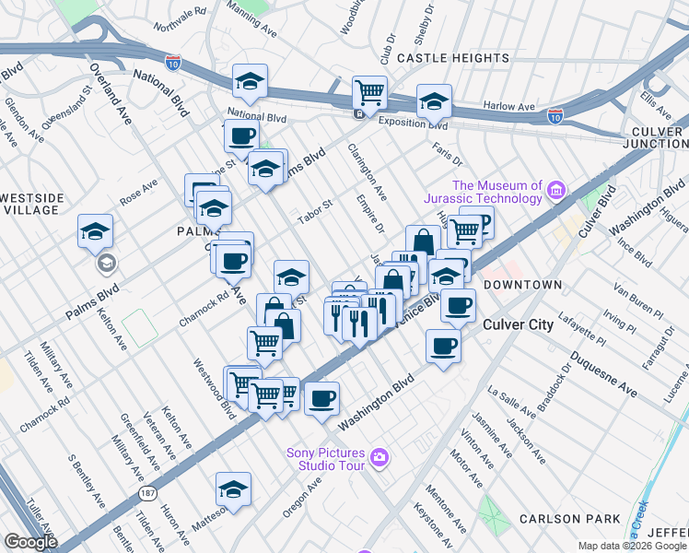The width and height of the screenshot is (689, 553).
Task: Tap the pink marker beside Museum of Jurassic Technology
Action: pyautogui.click(x=555, y=191)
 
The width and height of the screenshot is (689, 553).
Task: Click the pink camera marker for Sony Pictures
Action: pyautogui.click(x=379, y=457)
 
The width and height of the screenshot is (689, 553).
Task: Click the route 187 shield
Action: pyautogui.click(x=147, y=494)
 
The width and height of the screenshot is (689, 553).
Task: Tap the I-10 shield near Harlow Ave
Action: pyautogui.click(x=554, y=115)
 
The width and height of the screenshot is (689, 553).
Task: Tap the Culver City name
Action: pyautogui.click(x=518, y=324)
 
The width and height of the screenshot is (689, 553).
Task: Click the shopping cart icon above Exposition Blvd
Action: pyautogui.click(x=369, y=92)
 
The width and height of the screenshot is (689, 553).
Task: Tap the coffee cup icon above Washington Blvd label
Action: pyautogui.click(x=321, y=398)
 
